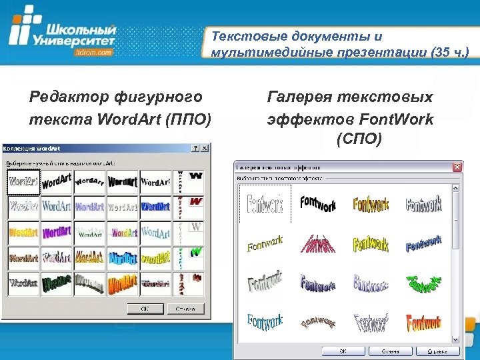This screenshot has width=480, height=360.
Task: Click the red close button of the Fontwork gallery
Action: coord(457,166)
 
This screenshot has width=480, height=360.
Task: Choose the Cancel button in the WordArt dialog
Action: coord(186,309)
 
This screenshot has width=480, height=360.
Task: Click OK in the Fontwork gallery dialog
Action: coord(343,350)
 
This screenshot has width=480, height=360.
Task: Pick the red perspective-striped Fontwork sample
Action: coord(317,243)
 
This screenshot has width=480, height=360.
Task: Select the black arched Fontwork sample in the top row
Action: coord(317,204)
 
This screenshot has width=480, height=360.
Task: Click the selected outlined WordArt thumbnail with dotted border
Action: coord(23,181)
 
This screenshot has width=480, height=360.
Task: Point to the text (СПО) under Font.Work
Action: coord(359,139)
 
